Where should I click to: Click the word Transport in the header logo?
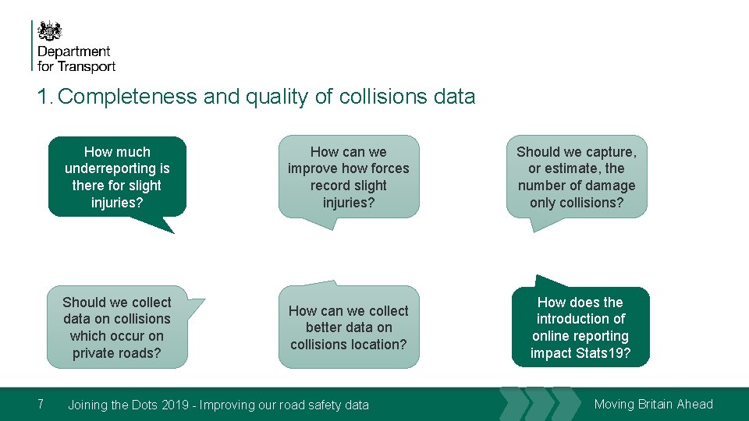87,67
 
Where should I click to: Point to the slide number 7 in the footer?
41,404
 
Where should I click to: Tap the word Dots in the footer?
141,405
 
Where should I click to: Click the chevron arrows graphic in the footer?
538,404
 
